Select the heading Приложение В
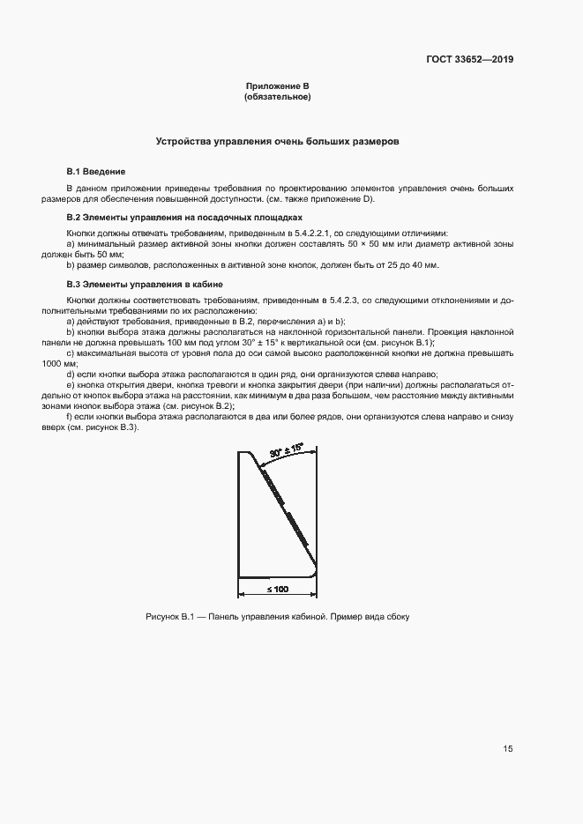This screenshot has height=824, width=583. pyautogui.click(x=277, y=85)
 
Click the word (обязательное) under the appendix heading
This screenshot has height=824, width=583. pyautogui.click(x=277, y=96)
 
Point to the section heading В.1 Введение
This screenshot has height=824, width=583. pyautogui.click(x=96, y=171)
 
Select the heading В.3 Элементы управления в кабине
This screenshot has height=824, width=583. pyautogui.click(x=146, y=285)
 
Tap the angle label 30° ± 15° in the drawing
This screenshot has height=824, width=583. pyautogui.click(x=288, y=450)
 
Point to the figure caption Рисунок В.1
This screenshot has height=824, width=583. pyautogui.click(x=279, y=616)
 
